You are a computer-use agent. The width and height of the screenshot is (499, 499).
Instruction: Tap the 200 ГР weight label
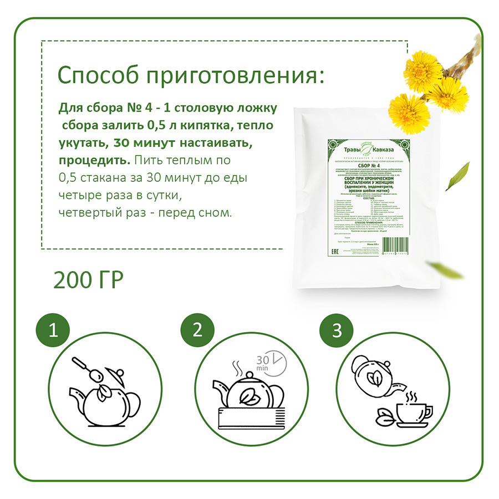[x=88, y=281]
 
